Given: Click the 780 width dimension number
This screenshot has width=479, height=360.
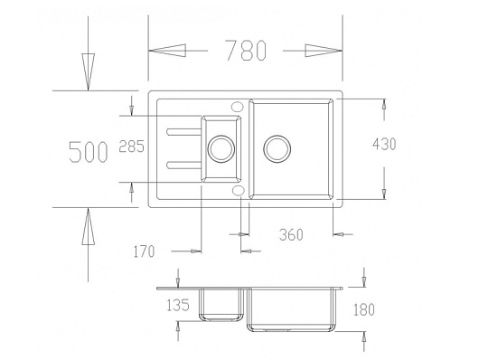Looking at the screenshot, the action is point(246,50).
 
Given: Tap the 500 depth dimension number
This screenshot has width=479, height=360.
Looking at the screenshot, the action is point(89,152).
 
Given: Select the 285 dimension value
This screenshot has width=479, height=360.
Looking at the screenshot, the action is point(131,147).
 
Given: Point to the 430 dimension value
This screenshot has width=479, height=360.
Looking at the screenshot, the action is point(384,144).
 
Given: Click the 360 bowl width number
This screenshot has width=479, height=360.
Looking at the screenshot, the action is point(291,234).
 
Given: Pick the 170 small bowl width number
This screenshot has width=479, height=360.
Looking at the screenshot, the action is point(145,251).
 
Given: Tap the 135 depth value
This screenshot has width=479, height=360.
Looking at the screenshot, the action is point(178,305).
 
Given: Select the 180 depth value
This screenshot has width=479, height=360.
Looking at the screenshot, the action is point(364,309).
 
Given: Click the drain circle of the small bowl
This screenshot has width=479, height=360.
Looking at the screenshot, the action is point(221,148).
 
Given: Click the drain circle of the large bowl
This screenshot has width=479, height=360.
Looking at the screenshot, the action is point(277,148).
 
